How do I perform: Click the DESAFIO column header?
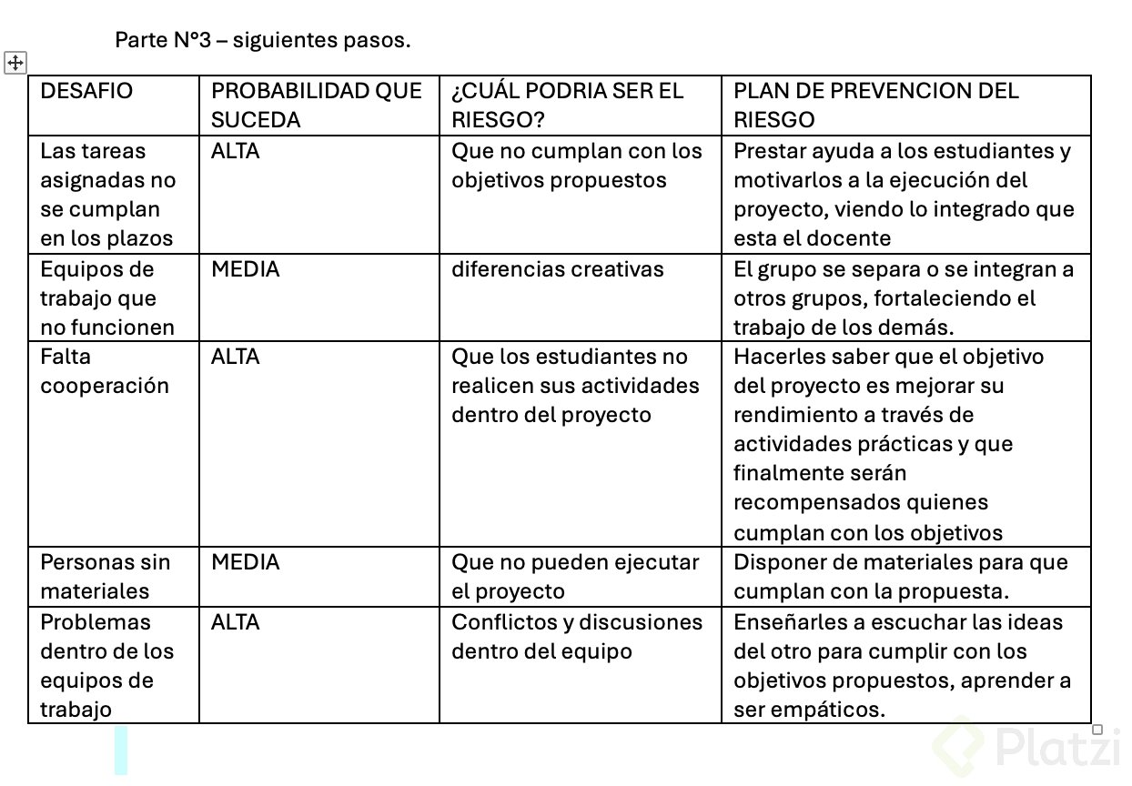pyautogui.click(x=86, y=91)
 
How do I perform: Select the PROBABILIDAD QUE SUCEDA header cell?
pyautogui.click(x=316, y=105)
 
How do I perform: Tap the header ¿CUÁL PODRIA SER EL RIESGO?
pyautogui.click(x=567, y=105)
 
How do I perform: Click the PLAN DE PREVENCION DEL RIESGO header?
pyautogui.click(x=875, y=105)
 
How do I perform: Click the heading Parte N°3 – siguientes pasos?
pyautogui.click(x=263, y=41)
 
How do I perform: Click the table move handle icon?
pyautogui.click(x=15, y=63)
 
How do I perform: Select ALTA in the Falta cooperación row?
pyautogui.click(x=235, y=357)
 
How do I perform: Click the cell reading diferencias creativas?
pyautogui.click(x=557, y=269)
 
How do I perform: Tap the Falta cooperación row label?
pyautogui.click(x=104, y=371)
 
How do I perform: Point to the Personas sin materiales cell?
pyautogui.click(x=105, y=577)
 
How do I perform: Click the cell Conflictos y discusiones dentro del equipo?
pyautogui.click(x=577, y=637)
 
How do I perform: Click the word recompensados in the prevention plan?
pyautogui.click(x=810, y=502)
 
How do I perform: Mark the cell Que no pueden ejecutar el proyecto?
pyautogui.click(x=575, y=577)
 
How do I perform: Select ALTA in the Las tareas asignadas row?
pyautogui.click(x=235, y=151)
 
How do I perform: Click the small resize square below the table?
pyautogui.click(x=1097, y=730)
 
